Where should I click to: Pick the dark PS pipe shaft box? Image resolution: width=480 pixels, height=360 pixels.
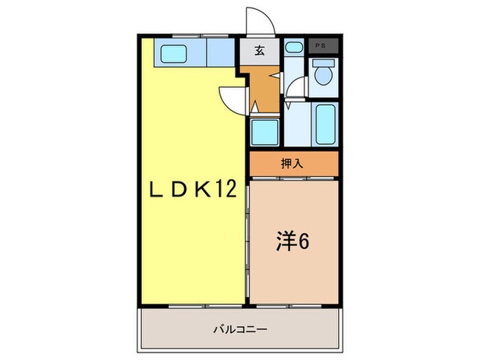coord(321,45)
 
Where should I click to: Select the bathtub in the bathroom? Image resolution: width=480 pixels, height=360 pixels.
coord(325,123)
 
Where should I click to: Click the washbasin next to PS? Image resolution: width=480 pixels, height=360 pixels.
coord(293,47)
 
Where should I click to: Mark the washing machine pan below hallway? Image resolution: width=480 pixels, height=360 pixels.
coord(264,130)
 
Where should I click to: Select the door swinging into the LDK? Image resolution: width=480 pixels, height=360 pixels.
coord(232,99)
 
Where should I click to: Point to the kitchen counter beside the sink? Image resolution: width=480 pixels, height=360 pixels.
coord(219,51)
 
